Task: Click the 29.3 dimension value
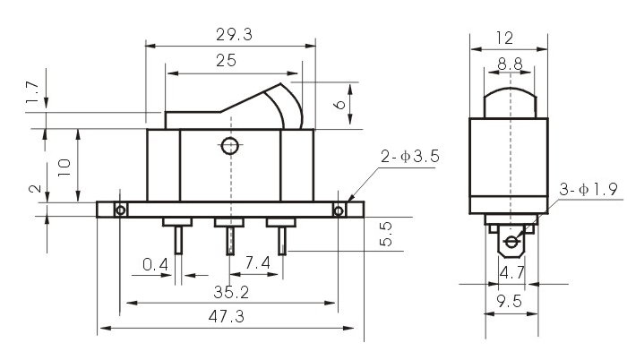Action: [x=230, y=34]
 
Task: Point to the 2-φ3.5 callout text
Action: [x=410, y=158]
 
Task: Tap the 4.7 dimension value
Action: [x=511, y=271]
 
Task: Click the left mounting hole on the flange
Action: [x=120, y=210]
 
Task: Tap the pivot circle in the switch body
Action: [x=229, y=145]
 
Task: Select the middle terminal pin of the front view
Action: [x=229, y=240]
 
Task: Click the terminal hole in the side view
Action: [x=511, y=242]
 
